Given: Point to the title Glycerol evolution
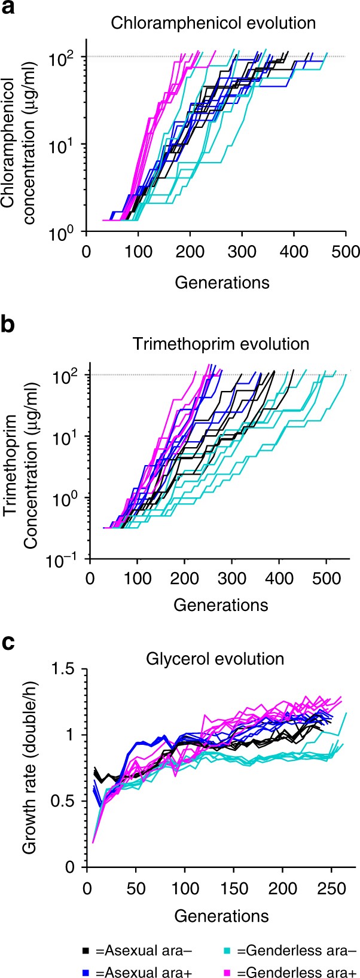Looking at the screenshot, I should (x=215, y=659).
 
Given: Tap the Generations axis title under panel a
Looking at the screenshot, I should (x=222, y=282).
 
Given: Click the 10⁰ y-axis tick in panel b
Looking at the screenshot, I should (x=70, y=498).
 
